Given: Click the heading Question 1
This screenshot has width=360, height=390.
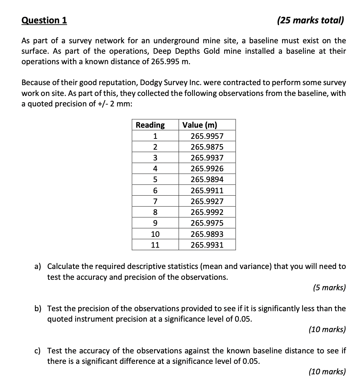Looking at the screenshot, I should pos(44,20).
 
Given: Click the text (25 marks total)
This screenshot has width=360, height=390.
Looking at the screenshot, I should pos(310,20).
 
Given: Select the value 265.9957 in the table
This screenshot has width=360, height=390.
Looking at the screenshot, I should pos(207,136).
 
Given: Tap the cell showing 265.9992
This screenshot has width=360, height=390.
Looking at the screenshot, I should pos(207,212).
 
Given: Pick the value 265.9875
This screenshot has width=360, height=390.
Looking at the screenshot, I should pos(207,147).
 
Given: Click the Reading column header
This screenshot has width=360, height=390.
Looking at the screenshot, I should pos(150,125).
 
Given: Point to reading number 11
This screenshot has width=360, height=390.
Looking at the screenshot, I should pos(155,245).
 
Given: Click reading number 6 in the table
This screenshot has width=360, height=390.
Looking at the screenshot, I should pos(155,190).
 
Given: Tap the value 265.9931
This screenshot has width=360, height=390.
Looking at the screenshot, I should pos(207,245).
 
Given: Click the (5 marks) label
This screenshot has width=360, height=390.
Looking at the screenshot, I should pos(329,288).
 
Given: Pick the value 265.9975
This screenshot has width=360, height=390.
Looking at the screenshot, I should pos(207,223).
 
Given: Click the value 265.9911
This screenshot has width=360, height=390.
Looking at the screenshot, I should pos(207,190).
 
